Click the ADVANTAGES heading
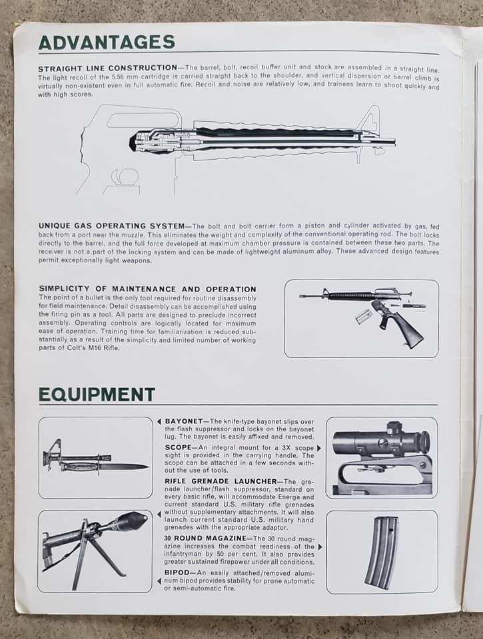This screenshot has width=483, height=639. coord(107,42)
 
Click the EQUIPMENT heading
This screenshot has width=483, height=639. coord(97,395)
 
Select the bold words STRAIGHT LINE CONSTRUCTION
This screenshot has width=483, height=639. coord(107,69)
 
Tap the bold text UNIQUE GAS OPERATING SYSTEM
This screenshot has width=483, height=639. coord(111,226)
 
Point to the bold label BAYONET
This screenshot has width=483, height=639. coord(183,421)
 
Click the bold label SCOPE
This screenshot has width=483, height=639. coord(178,448)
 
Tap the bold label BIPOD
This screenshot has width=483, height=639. coord(177,572)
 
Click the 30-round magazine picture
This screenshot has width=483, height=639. coord(381,552)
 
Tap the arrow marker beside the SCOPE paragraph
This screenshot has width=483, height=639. coord(318,448)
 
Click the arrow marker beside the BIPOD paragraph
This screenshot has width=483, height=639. coord(159,581)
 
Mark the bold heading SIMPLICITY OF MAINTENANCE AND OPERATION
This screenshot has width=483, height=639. coord(147,288)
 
